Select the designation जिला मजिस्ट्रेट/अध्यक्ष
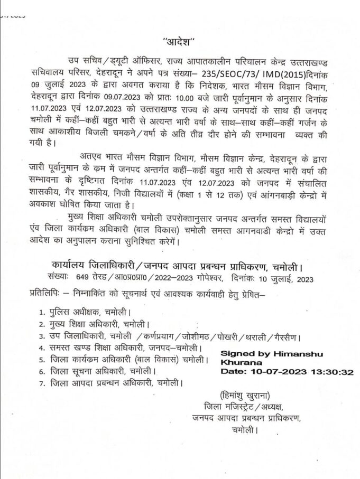pyautogui.click(x=239, y=407)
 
